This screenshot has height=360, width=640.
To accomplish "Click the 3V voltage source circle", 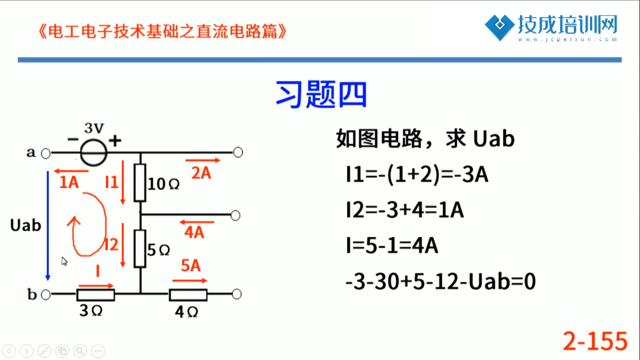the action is [94, 152].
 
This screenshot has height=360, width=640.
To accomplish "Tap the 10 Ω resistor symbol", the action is [140, 183].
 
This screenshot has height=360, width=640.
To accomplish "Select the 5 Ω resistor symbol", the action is [140, 248].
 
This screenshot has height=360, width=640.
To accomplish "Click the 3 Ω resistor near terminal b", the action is [96, 294].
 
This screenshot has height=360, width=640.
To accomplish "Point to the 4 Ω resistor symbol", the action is [188, 294].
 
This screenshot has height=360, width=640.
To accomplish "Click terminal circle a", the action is [46, 153].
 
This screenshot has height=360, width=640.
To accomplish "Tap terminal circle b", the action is [46, 294].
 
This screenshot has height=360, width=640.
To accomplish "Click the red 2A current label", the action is [201, 173].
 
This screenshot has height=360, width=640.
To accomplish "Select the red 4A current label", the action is [194, 232].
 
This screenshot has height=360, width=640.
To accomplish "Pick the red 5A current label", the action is [191, 266].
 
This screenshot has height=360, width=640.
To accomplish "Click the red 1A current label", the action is [69, 182].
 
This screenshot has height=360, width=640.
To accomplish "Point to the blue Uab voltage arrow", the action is [48, 226].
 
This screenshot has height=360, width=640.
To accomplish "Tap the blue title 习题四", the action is [321, 94].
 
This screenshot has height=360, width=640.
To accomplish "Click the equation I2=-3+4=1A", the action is [404, 210].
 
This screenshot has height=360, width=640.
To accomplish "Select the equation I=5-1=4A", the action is [392, 246].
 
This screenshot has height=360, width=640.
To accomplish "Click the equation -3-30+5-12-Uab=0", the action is [441, 282].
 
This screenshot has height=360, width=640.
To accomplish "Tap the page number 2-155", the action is [595, 341].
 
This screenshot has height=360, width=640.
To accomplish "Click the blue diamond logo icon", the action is [499, 27].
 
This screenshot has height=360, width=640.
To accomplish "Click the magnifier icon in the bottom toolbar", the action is [80, 351].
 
